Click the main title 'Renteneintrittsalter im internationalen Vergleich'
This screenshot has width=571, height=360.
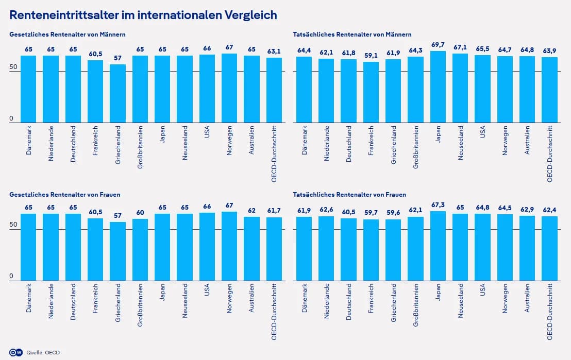point(143,15)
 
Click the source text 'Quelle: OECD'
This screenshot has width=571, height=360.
point(43,352)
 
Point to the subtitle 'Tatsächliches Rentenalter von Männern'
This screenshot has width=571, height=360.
point(352,35)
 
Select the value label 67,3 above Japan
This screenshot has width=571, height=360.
point(438,205)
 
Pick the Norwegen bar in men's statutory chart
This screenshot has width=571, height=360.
point(229,88)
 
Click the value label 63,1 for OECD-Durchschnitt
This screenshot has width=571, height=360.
point(274,52)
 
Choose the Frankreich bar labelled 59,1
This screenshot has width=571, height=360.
point(371,92)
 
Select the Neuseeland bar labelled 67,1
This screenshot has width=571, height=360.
point(460,88)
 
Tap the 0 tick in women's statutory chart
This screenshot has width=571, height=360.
point(11,277)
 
